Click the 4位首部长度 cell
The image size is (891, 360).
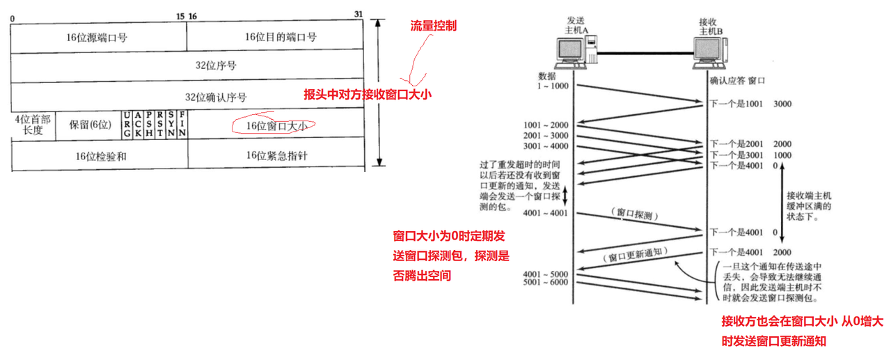click(33, 125)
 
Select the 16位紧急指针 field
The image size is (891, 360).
click(276, 156)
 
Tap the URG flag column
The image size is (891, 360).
click(126, 124)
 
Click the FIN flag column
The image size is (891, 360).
click(182, 124)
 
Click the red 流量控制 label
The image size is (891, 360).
click(434, 26)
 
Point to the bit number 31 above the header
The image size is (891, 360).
click(358, 14)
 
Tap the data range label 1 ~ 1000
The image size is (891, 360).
click(553, 85)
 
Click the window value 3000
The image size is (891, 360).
click(782, 104)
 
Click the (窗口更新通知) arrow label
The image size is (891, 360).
click(637, 254)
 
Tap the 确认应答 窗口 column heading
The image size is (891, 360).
click(737, 80)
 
